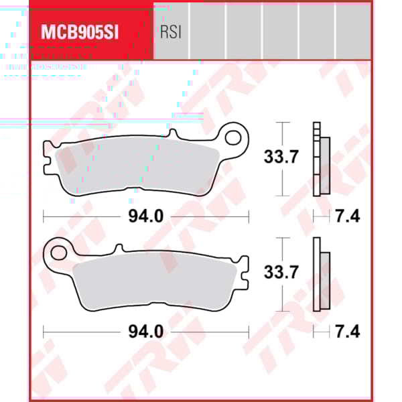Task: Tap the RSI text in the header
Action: [171, 32]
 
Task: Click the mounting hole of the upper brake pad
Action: [234, 139]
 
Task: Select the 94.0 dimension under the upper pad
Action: [146, 216]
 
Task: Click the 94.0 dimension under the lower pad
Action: [146, 331]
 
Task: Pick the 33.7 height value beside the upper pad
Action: [276, 158]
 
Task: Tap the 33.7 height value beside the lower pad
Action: [276, 273]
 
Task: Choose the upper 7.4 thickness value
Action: [348, 216]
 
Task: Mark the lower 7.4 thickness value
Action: [348, 331]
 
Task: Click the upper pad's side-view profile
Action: [321, 160]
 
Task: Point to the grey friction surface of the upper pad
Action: [134, 167]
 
